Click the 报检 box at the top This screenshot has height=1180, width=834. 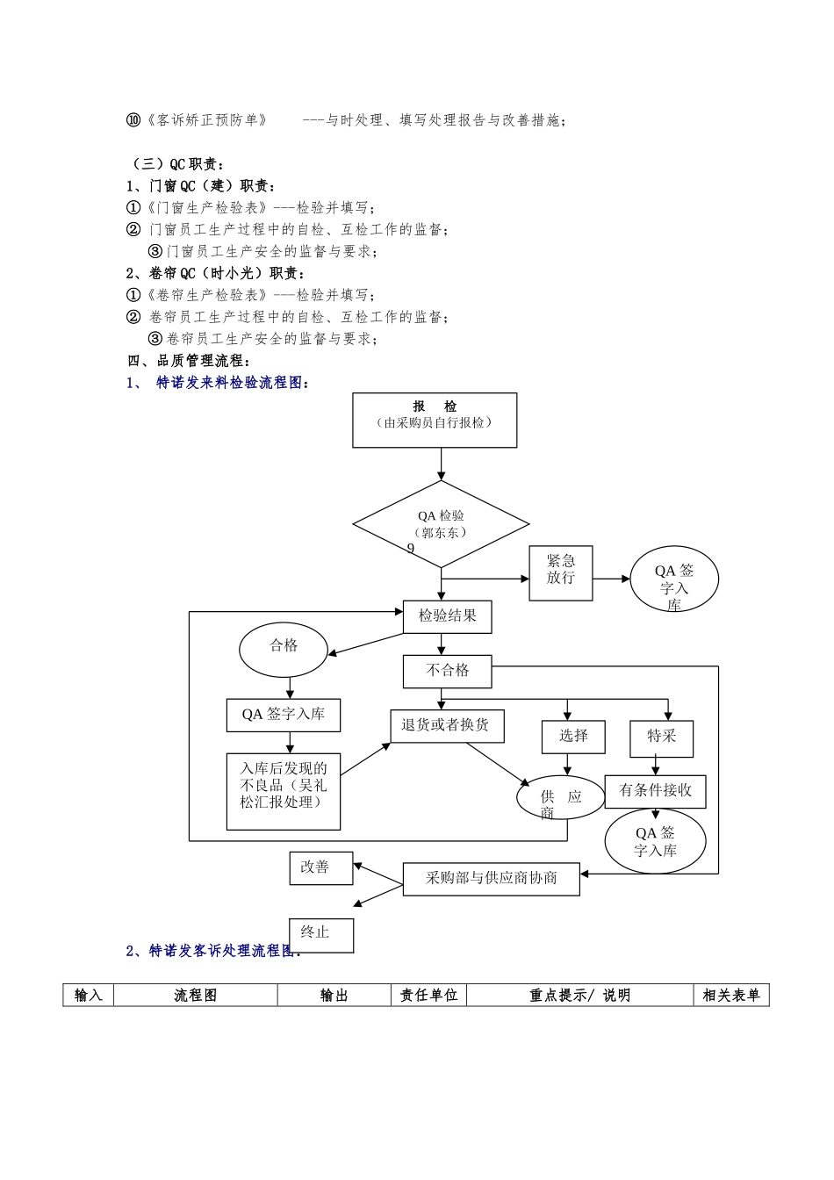[x=435, y=420]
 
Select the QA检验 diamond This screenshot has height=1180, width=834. [x=441, y=524]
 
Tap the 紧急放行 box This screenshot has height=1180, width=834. [x=561, y=572]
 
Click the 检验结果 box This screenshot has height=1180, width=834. [x=447, y=616]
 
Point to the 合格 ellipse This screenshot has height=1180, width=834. [x=284, y=649]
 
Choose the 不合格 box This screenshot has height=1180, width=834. [x=447, y=672]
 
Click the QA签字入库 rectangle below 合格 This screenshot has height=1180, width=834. [x=283, y=715]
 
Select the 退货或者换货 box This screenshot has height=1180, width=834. [x=447, y=726]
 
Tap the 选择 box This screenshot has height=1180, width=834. [x=573, y=737]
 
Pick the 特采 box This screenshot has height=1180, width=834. [x=661, y=737]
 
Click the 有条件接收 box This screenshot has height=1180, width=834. [x=655, y=791]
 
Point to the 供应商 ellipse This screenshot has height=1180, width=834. [x=561, y=799]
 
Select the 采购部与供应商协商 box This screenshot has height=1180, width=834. [x=491, y=879]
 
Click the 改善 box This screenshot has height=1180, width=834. [x=320, y=867]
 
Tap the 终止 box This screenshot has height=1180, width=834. [x=321, y=934]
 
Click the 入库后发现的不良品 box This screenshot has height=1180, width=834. [x=283, y=790]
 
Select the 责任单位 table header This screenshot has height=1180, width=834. [x=428, y=995]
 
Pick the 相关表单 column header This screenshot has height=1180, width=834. [x=730, y=995]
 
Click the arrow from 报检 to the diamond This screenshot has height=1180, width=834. [x=441, y=464]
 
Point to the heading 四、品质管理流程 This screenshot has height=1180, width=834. [x=189, y=361]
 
